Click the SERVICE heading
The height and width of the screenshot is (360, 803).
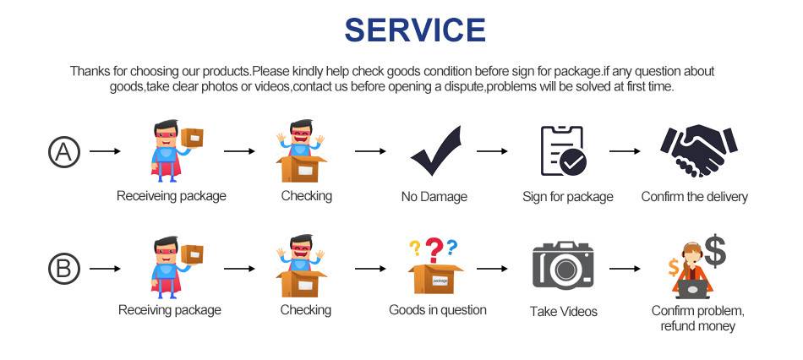click(x=415, y=30)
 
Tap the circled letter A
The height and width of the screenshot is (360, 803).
click(x=64, y=152)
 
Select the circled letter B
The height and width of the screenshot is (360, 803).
click(x=64, y=269)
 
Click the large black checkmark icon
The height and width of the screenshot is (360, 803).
click(x=436, y=150)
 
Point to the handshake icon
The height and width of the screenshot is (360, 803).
click(x=698, y=150)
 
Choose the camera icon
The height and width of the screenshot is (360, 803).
click(x=563, y=265)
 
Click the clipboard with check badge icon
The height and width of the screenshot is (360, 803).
click(x=564, y=150)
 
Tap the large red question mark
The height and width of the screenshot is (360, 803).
click(x=434, y=250)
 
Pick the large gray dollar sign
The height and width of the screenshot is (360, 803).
click(x=715, y=251)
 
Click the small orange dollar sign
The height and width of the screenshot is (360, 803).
click(x=674, y=267)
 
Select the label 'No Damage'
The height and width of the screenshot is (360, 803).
click(x=434, y=197)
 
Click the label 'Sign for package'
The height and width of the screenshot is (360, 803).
click(x=567, y=197)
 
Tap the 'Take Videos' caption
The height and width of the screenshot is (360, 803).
click(x=563, y=311)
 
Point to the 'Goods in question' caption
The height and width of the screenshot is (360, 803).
click(x=437, y=310)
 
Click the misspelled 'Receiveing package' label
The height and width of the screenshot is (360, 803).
click(x=171, y=196)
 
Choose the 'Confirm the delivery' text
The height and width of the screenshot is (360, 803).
click(x=695, y=197)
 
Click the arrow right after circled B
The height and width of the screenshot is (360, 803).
click(x=105, y=269)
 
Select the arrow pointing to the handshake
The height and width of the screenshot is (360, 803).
click(x=625, y=151)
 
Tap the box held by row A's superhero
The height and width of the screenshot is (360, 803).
click(x=192, y=138)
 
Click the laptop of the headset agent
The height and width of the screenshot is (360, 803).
click(x=692, y=289)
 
